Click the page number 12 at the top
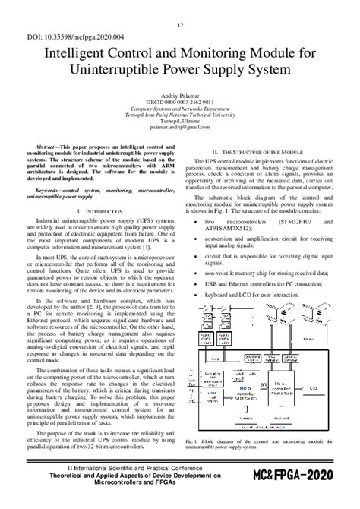[x=180, y=25]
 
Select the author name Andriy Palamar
[x=180, y=93]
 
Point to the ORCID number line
[x=180, y=100]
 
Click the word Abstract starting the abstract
[x=62, y=144]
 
